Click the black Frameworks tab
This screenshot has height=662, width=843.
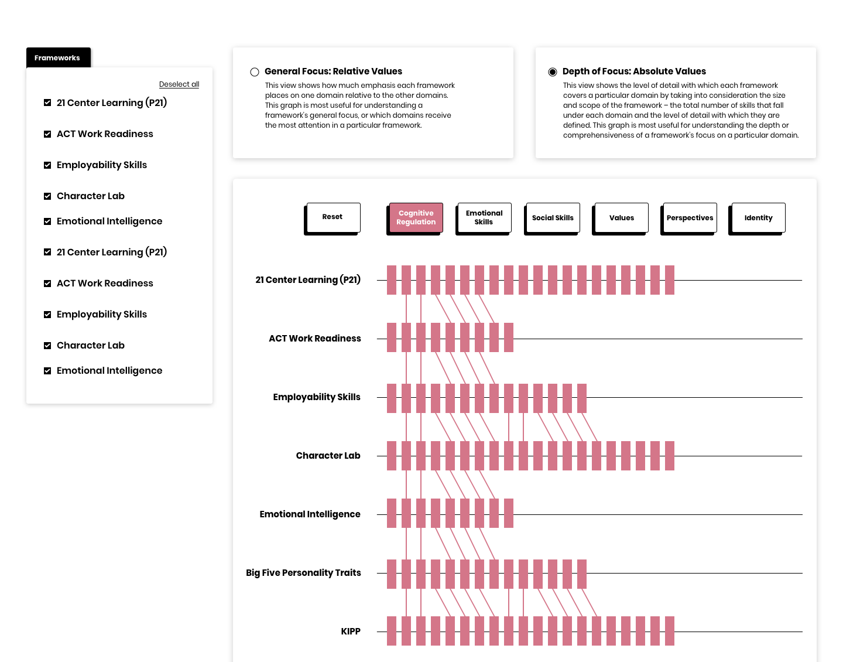pyautogui.click(x=57, y=57)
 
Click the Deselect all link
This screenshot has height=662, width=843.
pyautogui.click(x=179, y=84)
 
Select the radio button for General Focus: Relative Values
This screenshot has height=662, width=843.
pyautogui.click(x=255, y=72)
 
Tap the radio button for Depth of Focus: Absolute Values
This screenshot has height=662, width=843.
pyautogui.click(x=553, y=72)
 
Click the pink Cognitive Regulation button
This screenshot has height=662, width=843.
pyautogui.click(x=416, y=217)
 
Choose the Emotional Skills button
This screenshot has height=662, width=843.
pyautogui.click(x=484, y=217)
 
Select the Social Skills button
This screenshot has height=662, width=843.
pyautogui.click(x=553, y=217)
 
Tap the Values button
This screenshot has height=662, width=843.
pyautogui.click(x=621, y=217)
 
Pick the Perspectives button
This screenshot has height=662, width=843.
pyautogui.click(x=690, y=217)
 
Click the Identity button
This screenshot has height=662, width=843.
pyautogui.click(x=758, y=217)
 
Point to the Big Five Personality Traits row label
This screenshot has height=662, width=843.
pyautogui.click(x=303, y=572)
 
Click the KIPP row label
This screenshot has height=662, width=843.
pyautogui.click(x=351, y=631)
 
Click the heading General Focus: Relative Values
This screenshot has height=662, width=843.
pyautogui.click(x=333, y=71)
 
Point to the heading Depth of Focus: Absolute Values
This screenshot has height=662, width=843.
pyautogui.click(x=634, y=71)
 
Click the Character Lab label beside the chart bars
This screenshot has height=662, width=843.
pyautogui.click(x=328, y=455)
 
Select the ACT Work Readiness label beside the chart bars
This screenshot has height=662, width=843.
pyautogui.click(x=315, y=338)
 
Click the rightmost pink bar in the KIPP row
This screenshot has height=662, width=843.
pyautogui.click(x=670, y=631)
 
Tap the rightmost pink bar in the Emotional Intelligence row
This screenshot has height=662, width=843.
pyautogui.click(x=509, y=513)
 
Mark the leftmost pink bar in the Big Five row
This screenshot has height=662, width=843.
pyautogui.click(x=392, y=574)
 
